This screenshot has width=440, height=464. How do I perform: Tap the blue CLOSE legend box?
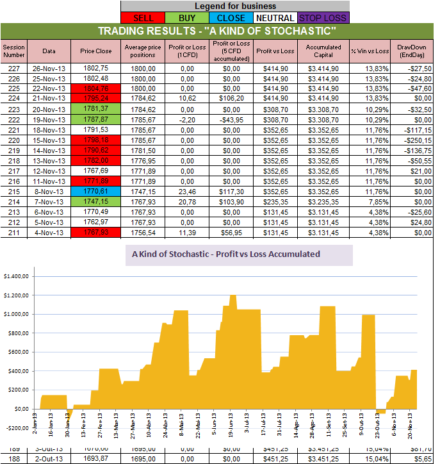[231, 18]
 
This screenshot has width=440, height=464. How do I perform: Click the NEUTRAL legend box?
[275, 18]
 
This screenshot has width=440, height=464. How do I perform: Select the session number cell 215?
[13, 190]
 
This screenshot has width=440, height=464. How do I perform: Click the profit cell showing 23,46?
[188, 190]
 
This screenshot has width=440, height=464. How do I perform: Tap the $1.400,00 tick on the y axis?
[17, 276]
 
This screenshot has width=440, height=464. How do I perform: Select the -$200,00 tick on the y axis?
[17, 427]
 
